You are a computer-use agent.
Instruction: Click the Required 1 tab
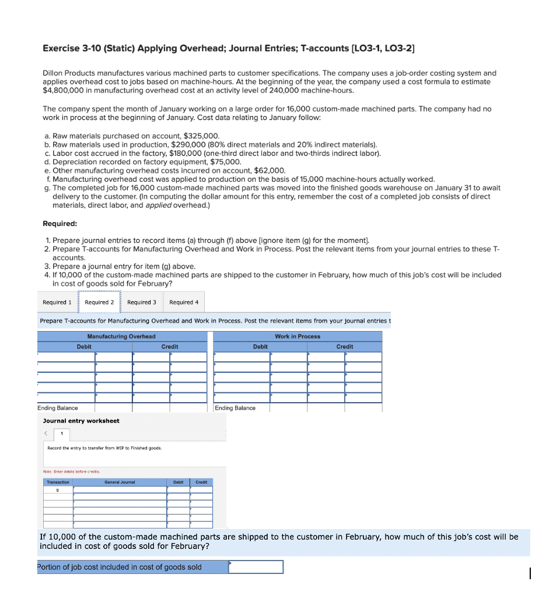pos(57,302)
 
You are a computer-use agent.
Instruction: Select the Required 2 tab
pos(99,302)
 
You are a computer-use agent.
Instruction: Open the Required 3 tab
pos(142,302)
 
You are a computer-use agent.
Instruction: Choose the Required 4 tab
pos(184,302)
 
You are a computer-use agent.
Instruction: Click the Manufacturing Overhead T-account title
pos(121,336)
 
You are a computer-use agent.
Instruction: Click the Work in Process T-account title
pos(297,336)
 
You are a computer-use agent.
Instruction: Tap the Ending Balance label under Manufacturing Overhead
pos(58,408)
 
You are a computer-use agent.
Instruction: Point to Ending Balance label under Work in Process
pos(235,408)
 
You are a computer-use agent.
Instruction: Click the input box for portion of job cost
pos(256,567)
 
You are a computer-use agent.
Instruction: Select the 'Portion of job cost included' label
pos(120,567)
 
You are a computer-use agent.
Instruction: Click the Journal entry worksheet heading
pos(81,421)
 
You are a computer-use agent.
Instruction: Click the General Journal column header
pos(120,482)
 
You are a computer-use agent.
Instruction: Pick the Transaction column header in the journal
pos(58,482)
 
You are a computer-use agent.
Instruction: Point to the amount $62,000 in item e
pos(269,171)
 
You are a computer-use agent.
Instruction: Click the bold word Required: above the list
pos(60,224)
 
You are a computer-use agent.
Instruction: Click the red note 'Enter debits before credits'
pos(72,471)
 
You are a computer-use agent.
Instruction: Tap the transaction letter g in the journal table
pos(58,490)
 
